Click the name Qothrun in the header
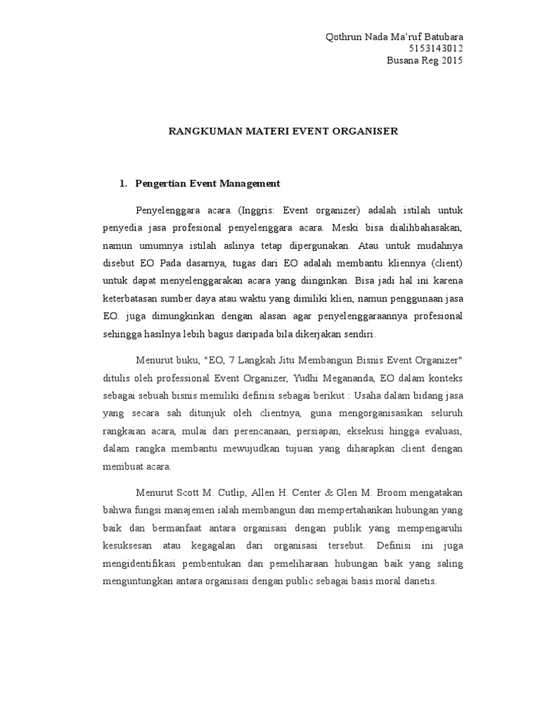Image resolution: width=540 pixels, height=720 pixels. click(342, 37)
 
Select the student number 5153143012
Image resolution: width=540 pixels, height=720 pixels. click(435, 48)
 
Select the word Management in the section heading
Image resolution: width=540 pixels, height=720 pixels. click(251, 184)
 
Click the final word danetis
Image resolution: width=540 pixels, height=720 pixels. click(420, 582)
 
